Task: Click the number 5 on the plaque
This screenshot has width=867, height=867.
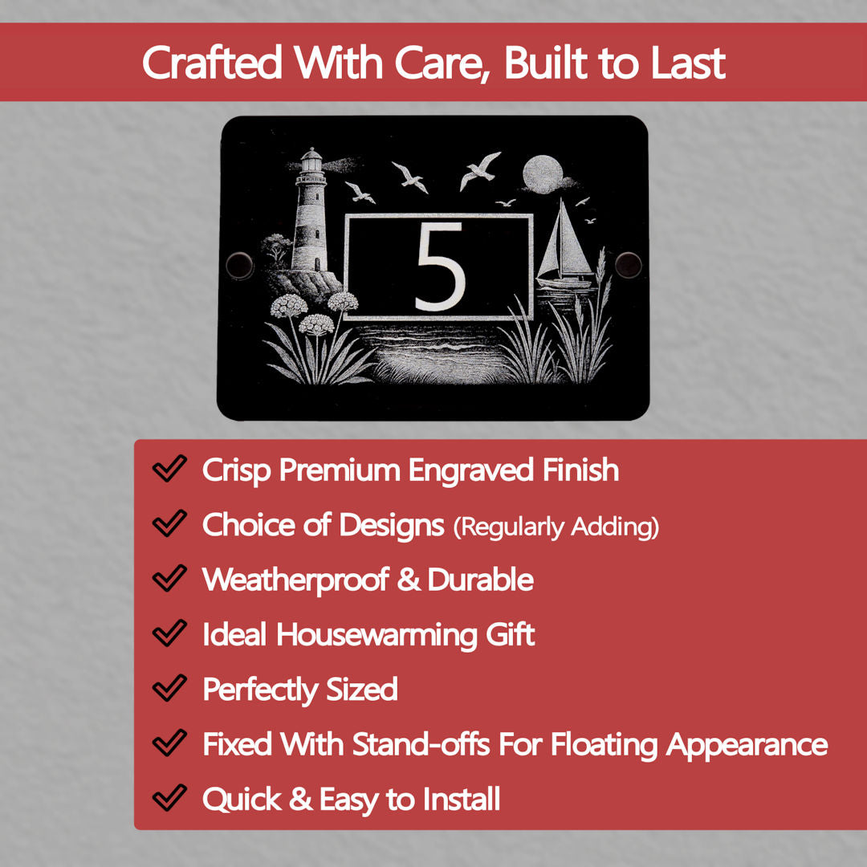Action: [440, 267]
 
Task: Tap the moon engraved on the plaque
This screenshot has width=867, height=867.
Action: [543, 175]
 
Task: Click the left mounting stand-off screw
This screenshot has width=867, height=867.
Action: [239, 265]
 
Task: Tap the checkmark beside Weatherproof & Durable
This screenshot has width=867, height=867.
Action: [169, 578]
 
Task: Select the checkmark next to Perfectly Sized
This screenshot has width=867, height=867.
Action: [169, 688]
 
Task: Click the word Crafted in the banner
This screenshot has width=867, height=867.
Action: [212, 63]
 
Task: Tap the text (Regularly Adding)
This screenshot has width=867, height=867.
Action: [556, 527]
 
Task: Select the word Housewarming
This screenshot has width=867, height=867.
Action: [377, 634]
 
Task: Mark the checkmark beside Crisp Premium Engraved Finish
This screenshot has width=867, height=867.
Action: [169, 469]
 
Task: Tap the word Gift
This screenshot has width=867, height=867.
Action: [510, 634]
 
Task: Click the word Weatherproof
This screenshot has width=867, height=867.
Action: [295, 580]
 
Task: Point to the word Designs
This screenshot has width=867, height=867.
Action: [392, 525]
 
